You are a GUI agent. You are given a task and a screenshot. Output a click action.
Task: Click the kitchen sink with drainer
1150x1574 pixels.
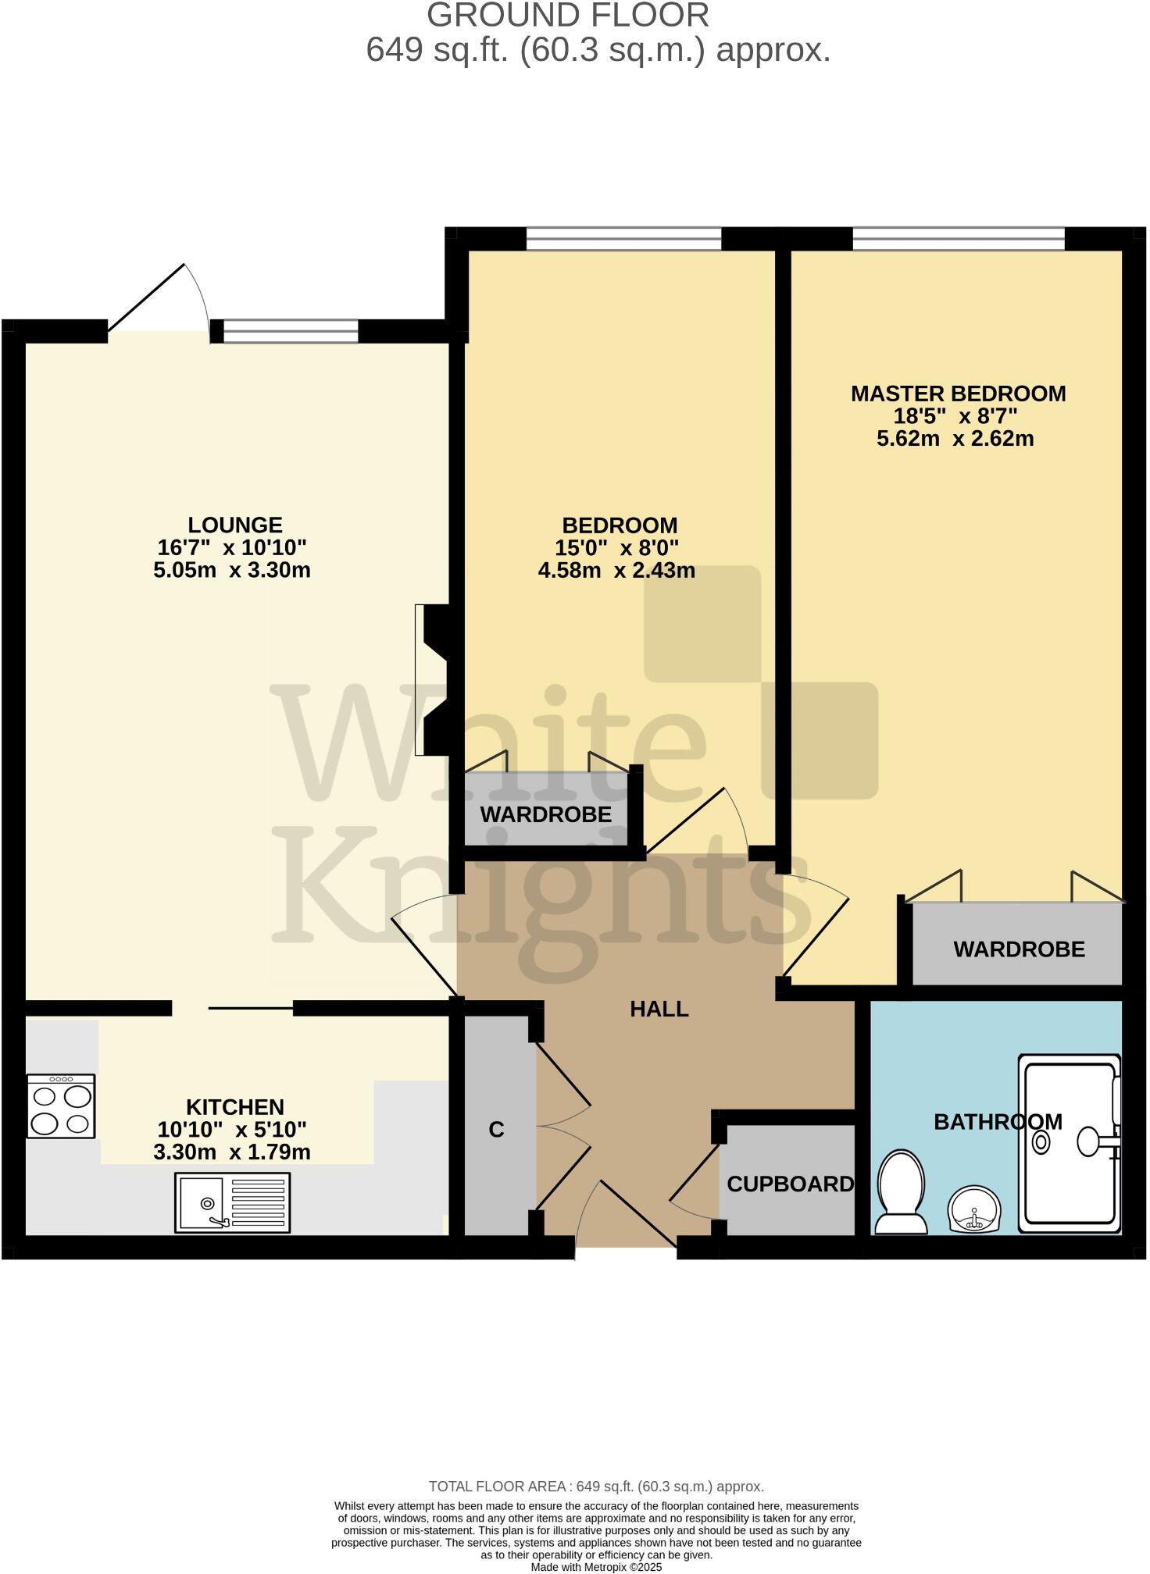tap(232, 1202)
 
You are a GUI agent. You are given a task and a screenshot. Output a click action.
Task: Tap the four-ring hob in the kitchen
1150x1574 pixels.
tap(61, 1106)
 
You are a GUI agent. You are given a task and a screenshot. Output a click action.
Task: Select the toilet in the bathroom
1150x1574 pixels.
tap(901, 1192)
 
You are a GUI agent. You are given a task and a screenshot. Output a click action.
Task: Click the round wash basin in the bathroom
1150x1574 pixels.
tap(973, 1209)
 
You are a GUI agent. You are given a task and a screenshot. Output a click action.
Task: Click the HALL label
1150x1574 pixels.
tap(659, 1010)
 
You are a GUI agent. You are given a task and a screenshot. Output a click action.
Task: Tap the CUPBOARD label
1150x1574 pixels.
tap(790, 1184)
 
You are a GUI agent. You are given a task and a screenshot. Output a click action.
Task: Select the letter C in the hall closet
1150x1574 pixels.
tap(496, 1130)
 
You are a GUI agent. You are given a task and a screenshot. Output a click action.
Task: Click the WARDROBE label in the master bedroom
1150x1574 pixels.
tap(1019, 949)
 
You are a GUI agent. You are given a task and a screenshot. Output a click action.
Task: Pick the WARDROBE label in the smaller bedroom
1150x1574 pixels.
tap(545, 815)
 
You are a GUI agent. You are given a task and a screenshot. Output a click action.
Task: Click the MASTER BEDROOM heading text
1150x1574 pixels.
tap(958, 393)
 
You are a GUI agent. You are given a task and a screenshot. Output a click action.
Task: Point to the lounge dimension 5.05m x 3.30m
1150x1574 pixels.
tap(232, 571)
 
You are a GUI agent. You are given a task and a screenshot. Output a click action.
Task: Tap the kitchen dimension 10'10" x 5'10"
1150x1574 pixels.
tap(232, 1130)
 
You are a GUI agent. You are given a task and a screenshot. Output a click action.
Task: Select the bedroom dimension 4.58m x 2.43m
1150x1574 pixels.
tap(616, 571)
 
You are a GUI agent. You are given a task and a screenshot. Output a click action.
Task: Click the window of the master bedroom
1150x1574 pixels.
tap(958, 238)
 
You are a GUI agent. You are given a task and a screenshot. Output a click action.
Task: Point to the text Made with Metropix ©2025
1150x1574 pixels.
tap(596, 1567)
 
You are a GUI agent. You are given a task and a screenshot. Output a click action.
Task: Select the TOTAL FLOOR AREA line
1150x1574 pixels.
tap(596, 1487)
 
